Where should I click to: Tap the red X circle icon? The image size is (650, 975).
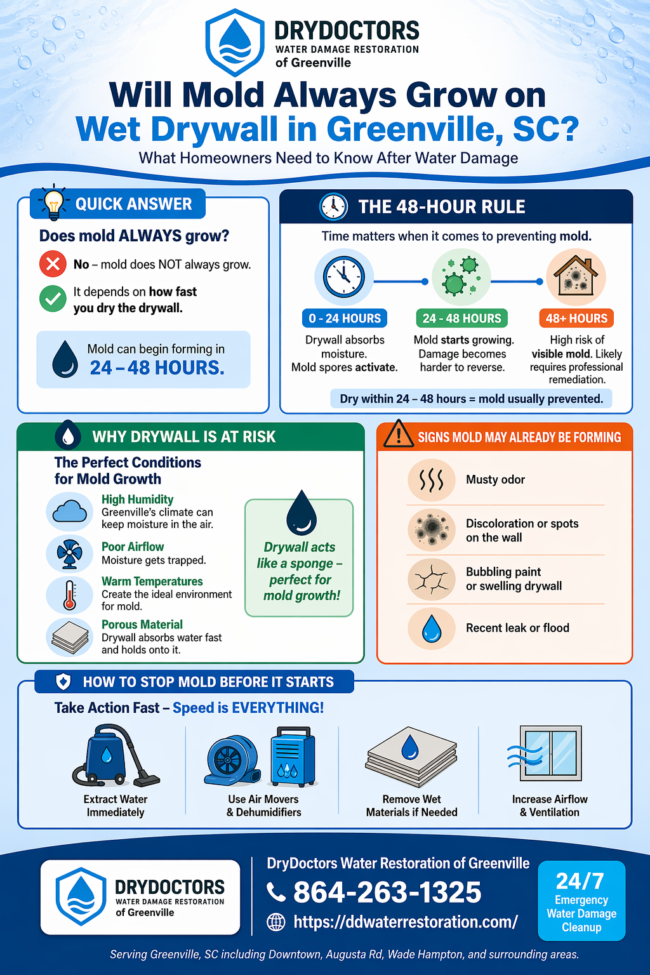pos(53,264)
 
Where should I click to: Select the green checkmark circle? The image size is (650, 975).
pos(53,299)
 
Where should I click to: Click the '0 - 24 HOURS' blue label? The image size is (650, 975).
pos(345,318)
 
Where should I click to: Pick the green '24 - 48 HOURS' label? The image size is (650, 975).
pos(462,318)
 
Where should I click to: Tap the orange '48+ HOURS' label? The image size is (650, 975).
pos(576,318)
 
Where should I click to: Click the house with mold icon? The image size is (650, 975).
pos(576,277)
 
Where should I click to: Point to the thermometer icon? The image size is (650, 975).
pos(69,595)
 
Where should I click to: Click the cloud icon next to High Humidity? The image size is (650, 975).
pos(69,512)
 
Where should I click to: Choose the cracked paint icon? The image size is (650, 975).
pos(432,579)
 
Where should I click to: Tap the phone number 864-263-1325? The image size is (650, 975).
pos(387,892)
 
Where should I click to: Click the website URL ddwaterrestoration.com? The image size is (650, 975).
pos(406,922)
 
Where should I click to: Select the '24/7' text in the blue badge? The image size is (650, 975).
pos(580,881)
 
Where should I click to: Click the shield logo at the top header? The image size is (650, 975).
pos(235,43)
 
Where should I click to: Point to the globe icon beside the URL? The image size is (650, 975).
pos(276,922)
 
